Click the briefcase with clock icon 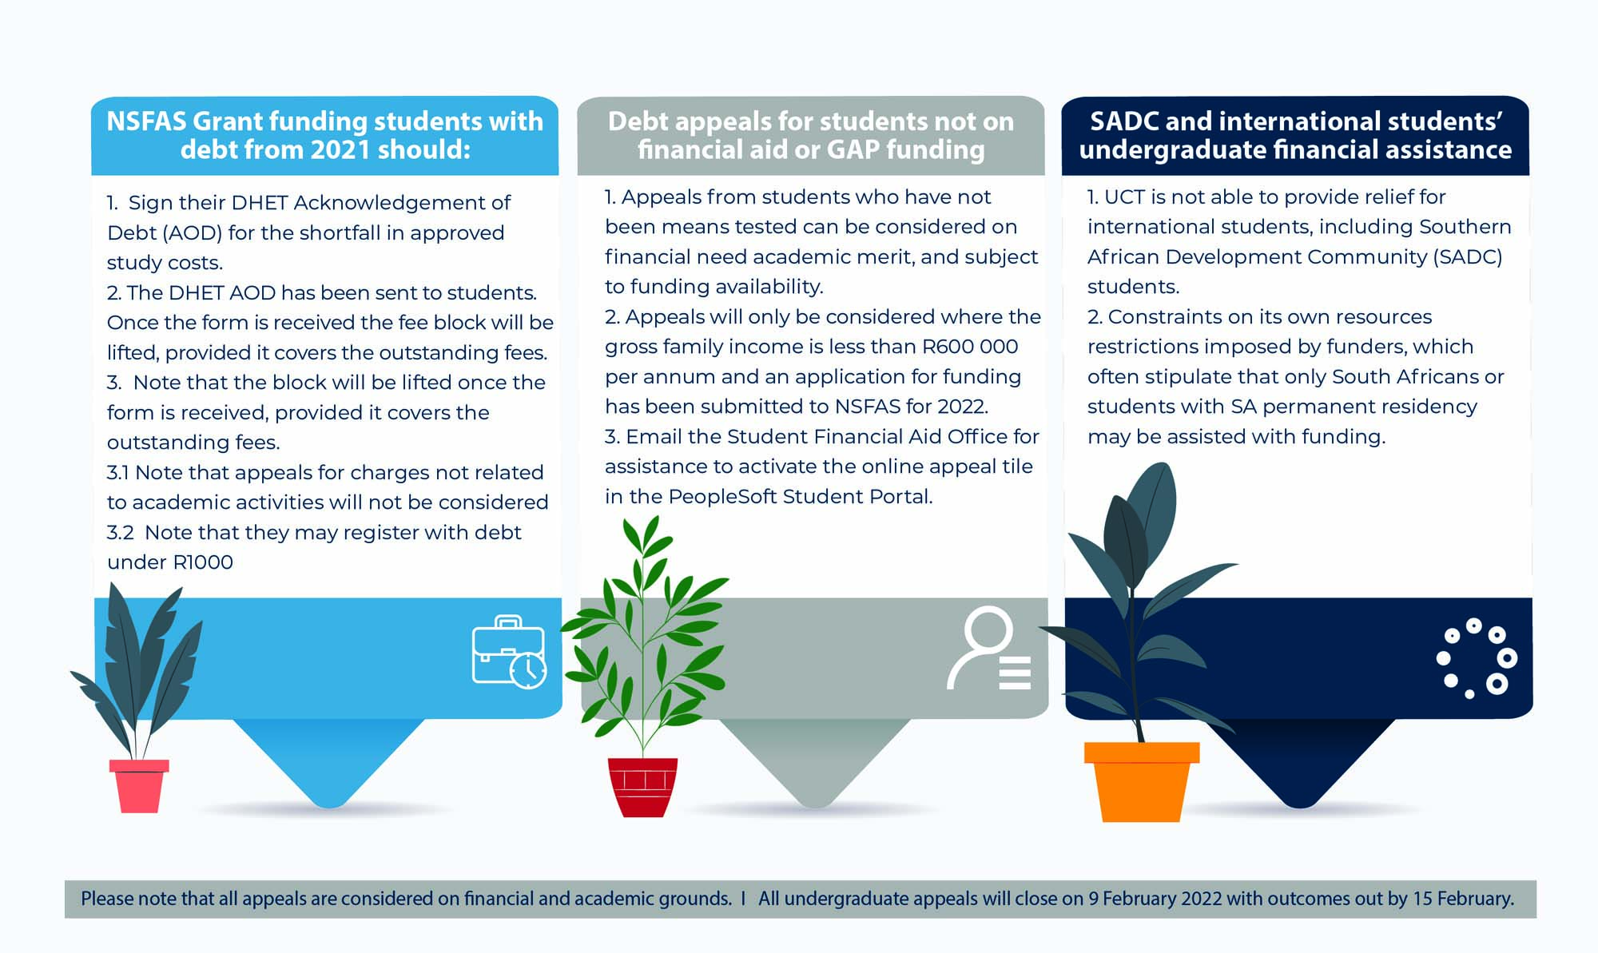509,651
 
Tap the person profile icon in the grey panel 988,648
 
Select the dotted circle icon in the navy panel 1477,658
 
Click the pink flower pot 139,786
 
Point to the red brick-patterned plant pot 642,788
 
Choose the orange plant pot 1142,782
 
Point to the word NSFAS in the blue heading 146,121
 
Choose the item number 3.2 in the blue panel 121,533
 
